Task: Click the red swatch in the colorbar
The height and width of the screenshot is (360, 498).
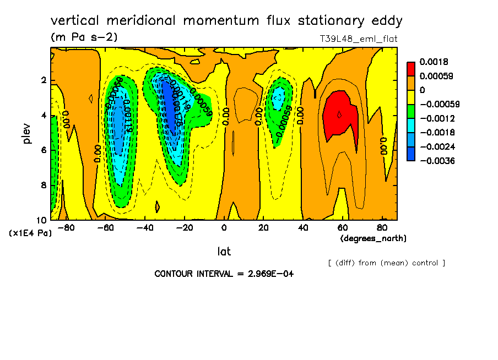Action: [x=411, y=69]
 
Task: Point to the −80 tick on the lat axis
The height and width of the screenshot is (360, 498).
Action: [x=66, y=227]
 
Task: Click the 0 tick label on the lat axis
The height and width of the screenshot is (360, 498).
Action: [x=224, y=227]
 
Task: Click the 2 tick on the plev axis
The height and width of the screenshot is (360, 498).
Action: [x=43, y=81]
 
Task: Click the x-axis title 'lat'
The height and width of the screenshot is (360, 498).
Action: [x=224, y=252]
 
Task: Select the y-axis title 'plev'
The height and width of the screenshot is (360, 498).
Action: [x=28, y=133]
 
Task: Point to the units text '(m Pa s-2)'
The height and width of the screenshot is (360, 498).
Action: [x=84, y=37]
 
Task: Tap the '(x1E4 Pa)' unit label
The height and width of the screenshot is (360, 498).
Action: [x=30, y=233]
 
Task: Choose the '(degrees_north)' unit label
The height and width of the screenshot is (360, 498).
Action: [x=373, y=238]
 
